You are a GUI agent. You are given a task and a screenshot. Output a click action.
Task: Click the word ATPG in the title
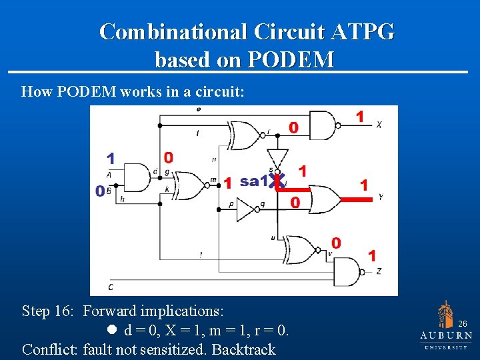[361, 31]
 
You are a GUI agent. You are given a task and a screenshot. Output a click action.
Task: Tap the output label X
[379, 125]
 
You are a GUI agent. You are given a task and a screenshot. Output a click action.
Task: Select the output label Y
[380, 197]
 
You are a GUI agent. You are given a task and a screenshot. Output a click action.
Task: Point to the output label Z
[379, 271]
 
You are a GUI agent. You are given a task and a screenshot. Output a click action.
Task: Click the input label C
[110, 287]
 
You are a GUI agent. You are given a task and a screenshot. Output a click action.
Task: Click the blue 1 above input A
[111, 159]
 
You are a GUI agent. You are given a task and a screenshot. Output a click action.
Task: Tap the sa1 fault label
[253, 181]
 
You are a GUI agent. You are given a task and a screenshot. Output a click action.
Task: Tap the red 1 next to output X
[360, 117]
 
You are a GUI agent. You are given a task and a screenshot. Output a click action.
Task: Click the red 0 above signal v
[337, 243]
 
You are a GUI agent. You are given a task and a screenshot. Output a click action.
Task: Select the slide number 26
[463, 323]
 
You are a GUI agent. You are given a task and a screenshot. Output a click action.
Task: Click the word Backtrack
[243, 349]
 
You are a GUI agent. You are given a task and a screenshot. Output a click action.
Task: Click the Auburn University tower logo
[445, 314]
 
